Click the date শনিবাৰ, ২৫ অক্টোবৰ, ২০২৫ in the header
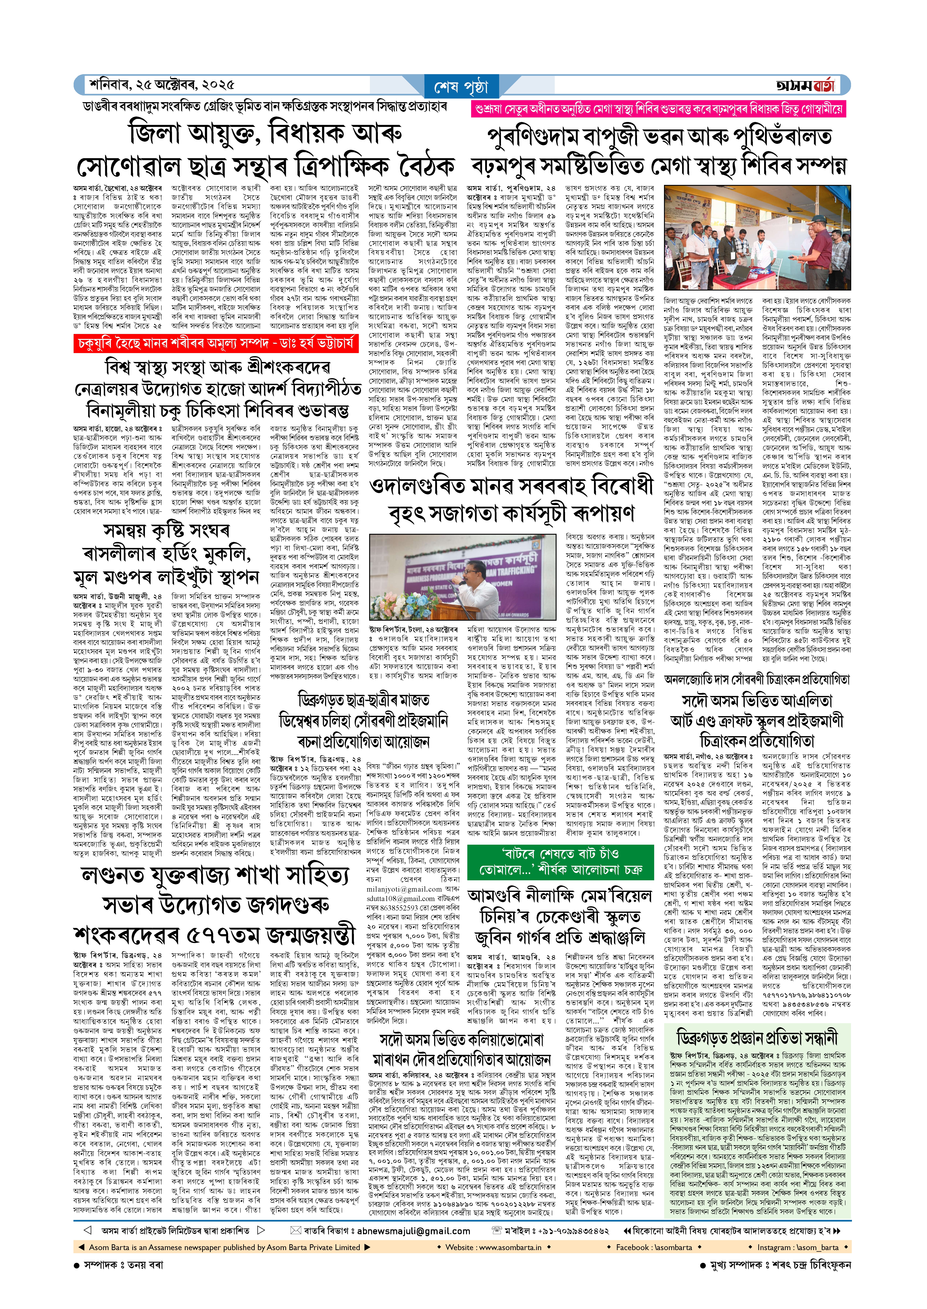tap(162, 85)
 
